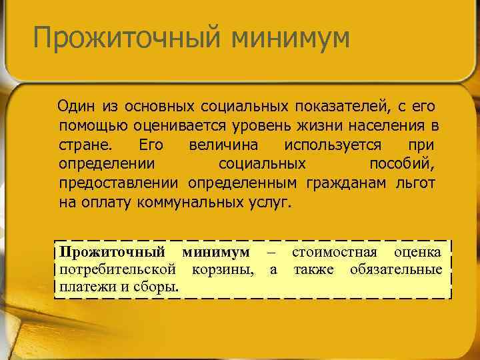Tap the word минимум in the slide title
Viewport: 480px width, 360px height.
(291, 38)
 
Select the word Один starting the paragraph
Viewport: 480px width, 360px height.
(77, 106)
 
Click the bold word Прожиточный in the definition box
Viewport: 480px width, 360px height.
(112, 253)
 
